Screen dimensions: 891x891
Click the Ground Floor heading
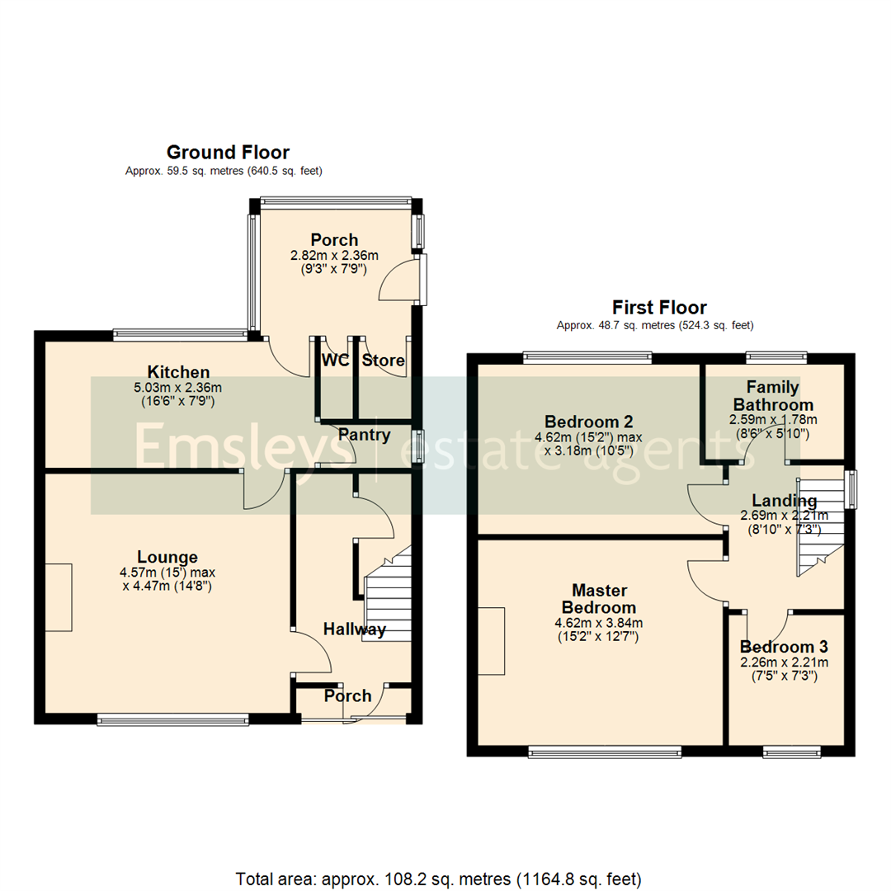(x=228, y=153)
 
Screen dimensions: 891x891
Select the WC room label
(x=335, y=361)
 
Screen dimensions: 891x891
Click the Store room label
(x=383, y=361)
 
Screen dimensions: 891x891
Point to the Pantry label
(x=364, y=434)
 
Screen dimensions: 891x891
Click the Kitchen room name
(x=178, y=372)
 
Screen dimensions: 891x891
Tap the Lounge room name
(x=168, y=557)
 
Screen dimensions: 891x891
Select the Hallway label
(x=354, y=629)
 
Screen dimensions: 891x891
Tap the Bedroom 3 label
(x=784, y=647)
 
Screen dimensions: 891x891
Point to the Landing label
(x=784, y=501)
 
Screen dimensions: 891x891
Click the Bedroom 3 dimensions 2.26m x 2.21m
(x=784, y=662)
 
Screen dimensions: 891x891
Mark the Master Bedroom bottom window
(x=605, y=751)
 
